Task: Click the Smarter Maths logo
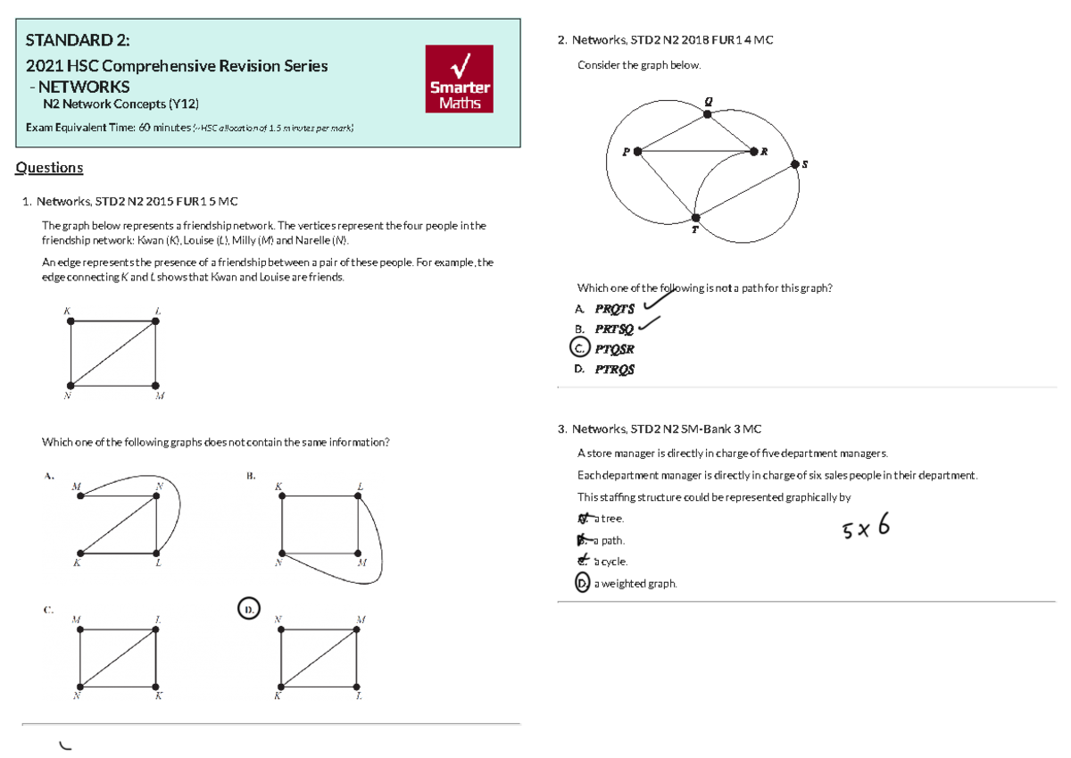[460, 79]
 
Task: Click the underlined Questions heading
[50, 168]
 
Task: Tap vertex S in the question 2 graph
[795, 163]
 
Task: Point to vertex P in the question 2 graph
[637, 152]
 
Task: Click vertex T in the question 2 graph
[696, 217]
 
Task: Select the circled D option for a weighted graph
[583, 583]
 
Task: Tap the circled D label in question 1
[249, 608]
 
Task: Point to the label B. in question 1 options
[251, 475]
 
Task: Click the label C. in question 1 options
[48, 609]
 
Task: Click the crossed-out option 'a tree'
[608, 519]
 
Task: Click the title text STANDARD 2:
[78, 40]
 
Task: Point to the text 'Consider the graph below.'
[639, 65]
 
